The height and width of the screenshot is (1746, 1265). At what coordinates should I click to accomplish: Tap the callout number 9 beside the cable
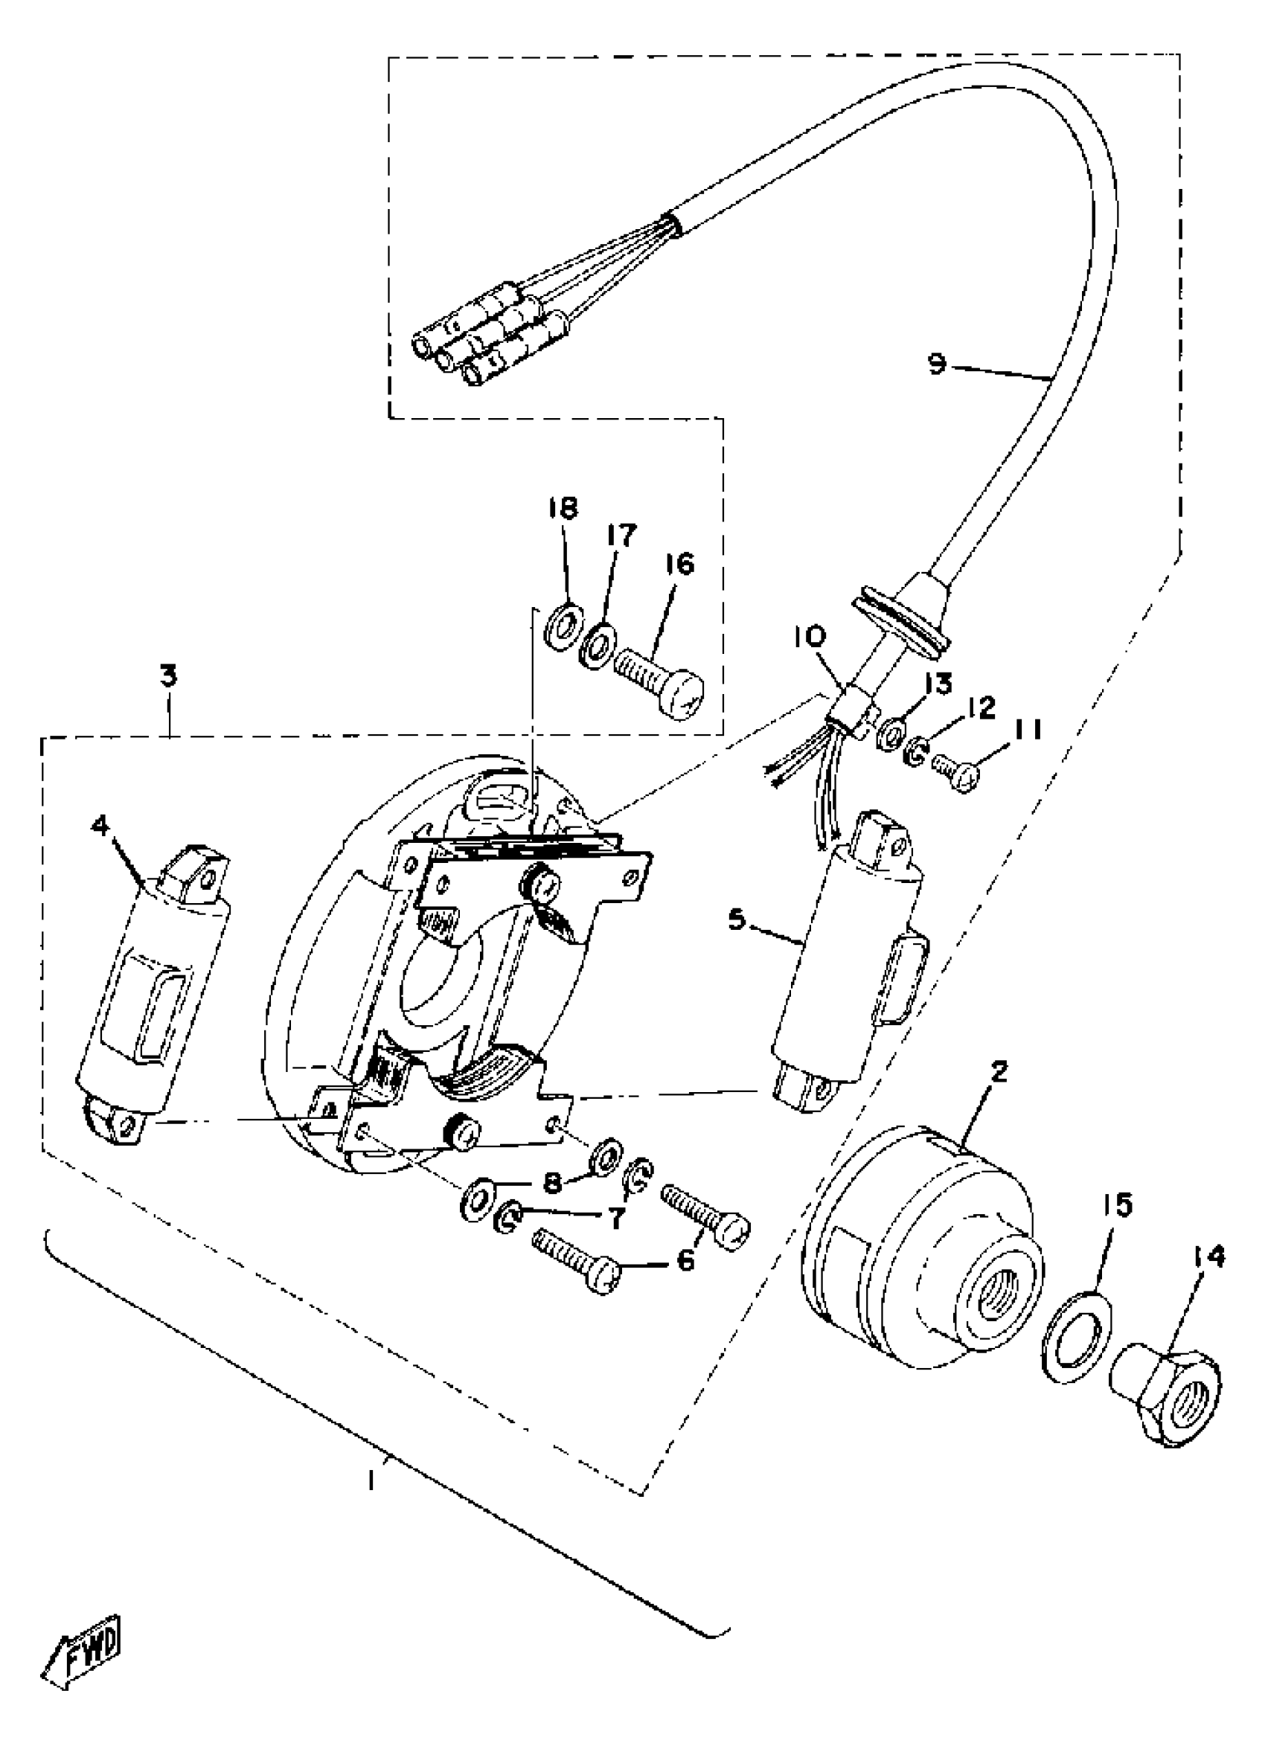tap(936, 362)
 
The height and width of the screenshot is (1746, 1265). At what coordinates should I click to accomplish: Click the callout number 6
tap(685, 1259)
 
